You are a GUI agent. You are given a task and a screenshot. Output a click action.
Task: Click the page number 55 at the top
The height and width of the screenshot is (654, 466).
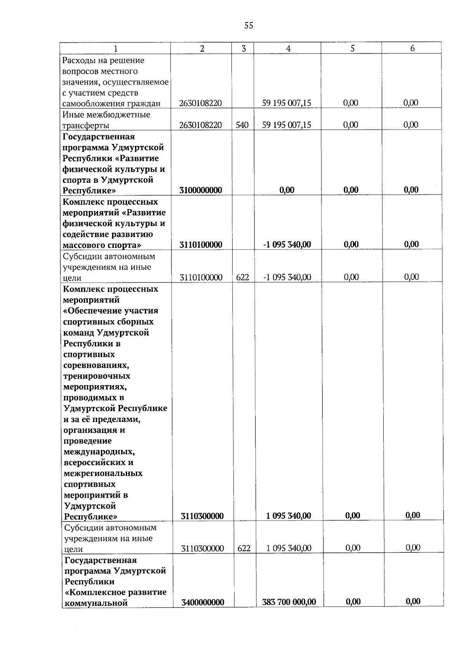point(249,26)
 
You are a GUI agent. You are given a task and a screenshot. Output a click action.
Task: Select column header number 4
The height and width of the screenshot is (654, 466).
point(288,48)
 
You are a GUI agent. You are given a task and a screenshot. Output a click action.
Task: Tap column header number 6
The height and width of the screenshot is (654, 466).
point(412,48)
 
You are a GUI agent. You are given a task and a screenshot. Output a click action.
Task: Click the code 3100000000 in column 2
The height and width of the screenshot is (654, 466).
point(201,190)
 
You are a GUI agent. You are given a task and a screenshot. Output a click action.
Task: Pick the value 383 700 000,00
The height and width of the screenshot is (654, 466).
point(289,602)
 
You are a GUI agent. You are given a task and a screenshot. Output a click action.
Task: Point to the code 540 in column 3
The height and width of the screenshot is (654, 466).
point(242,125)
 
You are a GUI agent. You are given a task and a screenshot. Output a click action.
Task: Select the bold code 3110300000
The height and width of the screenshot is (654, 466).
point(202,516)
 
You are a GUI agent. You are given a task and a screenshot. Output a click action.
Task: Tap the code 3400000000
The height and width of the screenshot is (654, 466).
point(202,602)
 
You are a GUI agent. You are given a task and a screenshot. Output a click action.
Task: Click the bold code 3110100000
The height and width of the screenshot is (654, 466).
point(201,244)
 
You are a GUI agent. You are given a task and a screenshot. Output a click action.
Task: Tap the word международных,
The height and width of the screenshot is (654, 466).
point(99,452)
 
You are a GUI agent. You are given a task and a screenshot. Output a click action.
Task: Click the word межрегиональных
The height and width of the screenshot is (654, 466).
point(103,473)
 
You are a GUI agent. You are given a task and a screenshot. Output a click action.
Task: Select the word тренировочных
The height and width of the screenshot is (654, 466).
point(97,376)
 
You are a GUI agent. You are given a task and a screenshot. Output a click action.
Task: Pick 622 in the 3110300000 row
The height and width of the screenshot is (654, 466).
point(244,548)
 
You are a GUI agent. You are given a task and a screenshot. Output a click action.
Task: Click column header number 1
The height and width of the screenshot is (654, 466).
point(115,48)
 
